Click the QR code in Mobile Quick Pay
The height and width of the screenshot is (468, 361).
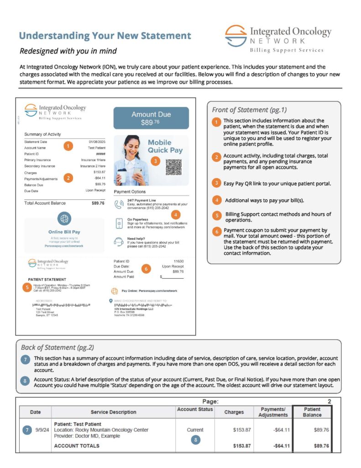tap(173, 167)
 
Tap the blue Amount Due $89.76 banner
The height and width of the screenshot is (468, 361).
tap(151, 118)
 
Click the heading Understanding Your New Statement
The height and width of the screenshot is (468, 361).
tap(105, 36)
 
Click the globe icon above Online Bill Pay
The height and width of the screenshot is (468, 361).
tap(64, 218)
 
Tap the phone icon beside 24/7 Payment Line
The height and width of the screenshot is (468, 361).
tap(119, 204)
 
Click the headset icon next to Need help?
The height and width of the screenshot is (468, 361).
tap(119, 242)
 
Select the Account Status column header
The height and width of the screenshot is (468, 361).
tap(195, 409)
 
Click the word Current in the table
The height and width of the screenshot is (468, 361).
tap(195, 430)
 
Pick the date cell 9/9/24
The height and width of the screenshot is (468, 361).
tap(40, 430)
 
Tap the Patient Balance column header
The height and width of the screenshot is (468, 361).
tap(312, 412)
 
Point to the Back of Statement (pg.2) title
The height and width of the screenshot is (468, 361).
tap(58, 347)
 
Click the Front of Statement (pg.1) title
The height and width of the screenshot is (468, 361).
tap(249, 110)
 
